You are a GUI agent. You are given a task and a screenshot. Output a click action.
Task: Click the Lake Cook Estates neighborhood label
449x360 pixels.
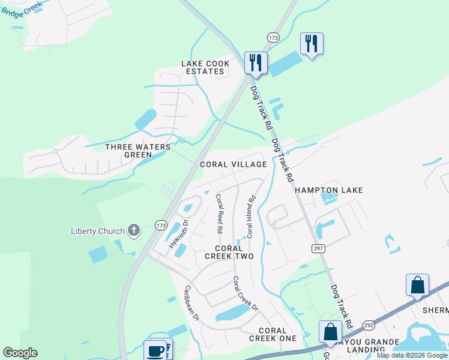[204, 67]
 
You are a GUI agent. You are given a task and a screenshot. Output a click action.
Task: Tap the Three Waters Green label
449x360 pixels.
[138, 151]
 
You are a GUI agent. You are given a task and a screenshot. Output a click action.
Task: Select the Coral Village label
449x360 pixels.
[234, 164]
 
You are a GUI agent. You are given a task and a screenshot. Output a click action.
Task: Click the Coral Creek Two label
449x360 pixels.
[229, 252]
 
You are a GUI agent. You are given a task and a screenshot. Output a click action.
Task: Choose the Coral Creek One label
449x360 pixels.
[277, 334]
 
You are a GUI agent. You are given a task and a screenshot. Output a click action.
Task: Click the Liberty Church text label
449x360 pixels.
[97, 231]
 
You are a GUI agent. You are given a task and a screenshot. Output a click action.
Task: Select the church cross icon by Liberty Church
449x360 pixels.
[133, 230]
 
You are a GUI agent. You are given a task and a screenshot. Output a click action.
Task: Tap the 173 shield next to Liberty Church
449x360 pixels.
[160, 226]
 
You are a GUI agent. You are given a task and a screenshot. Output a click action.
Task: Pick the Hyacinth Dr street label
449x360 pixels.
[178, 234]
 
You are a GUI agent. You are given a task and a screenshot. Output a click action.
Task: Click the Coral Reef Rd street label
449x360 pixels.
[219, 214]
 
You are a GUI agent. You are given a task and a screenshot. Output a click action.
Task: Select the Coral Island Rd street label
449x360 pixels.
[251, 216]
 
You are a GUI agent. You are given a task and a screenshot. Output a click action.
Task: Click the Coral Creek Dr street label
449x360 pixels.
[245, 293]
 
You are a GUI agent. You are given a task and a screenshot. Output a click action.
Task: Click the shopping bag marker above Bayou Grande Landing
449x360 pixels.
[330, 332]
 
